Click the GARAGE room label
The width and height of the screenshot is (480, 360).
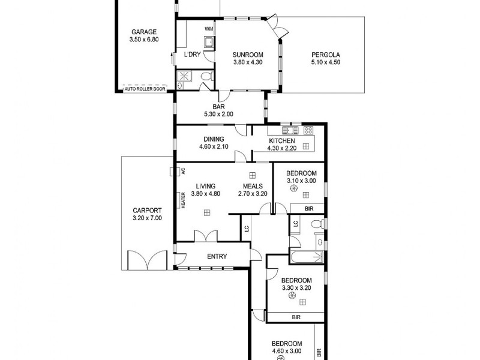pyautogui.click(x=143, y=32)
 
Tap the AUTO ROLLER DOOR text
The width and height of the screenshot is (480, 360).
pyautogui.click(x=144, y=89)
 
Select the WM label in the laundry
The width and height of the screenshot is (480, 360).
pyautogui.click(x=209, y=29)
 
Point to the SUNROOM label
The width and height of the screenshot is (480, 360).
pyautogui.click(x=248, y=55)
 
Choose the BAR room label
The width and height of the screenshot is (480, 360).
pyautogui.click(x=218, y=107)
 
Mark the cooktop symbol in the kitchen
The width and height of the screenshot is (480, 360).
pyautogui.click(x=308, y=130)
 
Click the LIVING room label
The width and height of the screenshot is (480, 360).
pyautogui.click(x=206, y=186)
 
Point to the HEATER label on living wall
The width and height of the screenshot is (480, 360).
pyautogui.click(x=183, y=200)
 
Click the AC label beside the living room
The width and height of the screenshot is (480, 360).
pyautogui.click(x=183, y=171)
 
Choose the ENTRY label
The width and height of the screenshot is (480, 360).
pyautogui.click(x=217, y=257)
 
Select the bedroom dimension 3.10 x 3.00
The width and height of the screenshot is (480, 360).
pyautogui.click(x=301, y=181)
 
